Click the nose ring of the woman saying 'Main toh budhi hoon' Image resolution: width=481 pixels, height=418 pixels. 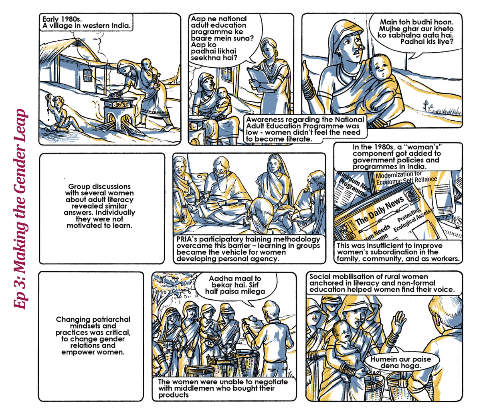pyautogui.click(x=360, y=48)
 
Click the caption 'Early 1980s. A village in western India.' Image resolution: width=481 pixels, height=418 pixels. pyautogui.click(x=86, y=22)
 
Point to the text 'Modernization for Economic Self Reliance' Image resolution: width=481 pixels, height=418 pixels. pyautogui.click(x=406, y=178)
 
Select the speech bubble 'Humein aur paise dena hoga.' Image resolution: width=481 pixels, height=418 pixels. pyautogui.click(x=402, y=362)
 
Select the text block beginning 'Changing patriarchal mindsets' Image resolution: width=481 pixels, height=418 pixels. pyautogui.click(x=93, y=336)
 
